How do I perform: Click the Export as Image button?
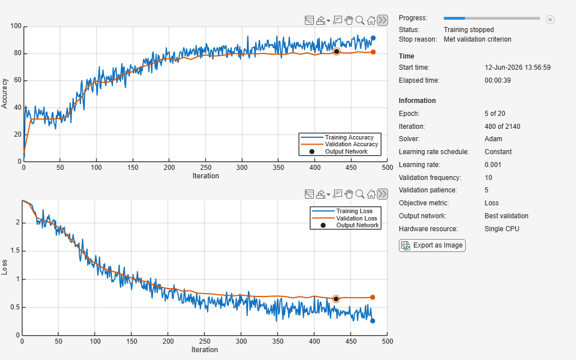[x=432, y=245]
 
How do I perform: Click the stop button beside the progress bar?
[x=550, y=20]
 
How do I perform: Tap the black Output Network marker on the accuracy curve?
[x=336, y=52]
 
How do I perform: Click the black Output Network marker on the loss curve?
[x=336, y=299]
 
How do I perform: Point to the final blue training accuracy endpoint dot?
[x=373, y=38]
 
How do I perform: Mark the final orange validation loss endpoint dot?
[x=372, y=297]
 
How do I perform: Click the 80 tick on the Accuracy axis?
[x=17, y=53]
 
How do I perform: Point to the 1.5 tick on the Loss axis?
[x=15, y=251]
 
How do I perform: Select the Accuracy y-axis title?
[x=4, y=93]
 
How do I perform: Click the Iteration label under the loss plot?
[x=205, y=350]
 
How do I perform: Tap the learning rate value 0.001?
[x=493, y=165]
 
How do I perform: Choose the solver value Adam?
[x=493, y=139]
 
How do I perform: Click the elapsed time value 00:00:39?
[x=498, y=80]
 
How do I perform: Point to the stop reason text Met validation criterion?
[x=478, y=39]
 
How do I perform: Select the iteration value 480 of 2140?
[x=502, y=127]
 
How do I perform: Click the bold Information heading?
[x=417, y=101]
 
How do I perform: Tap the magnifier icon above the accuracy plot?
[x=360, y=20]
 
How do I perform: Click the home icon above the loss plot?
[x=371, y=194]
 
